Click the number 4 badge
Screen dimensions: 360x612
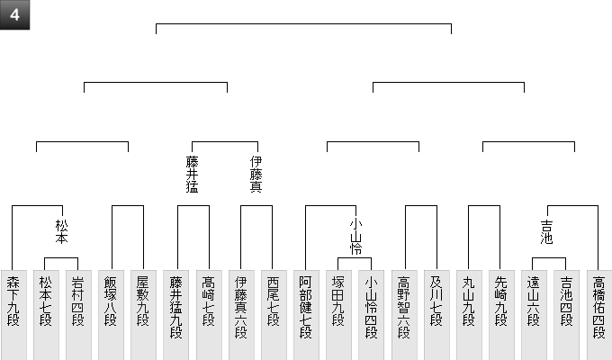coord(14,14)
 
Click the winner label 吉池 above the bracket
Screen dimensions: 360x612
coord(547,232)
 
